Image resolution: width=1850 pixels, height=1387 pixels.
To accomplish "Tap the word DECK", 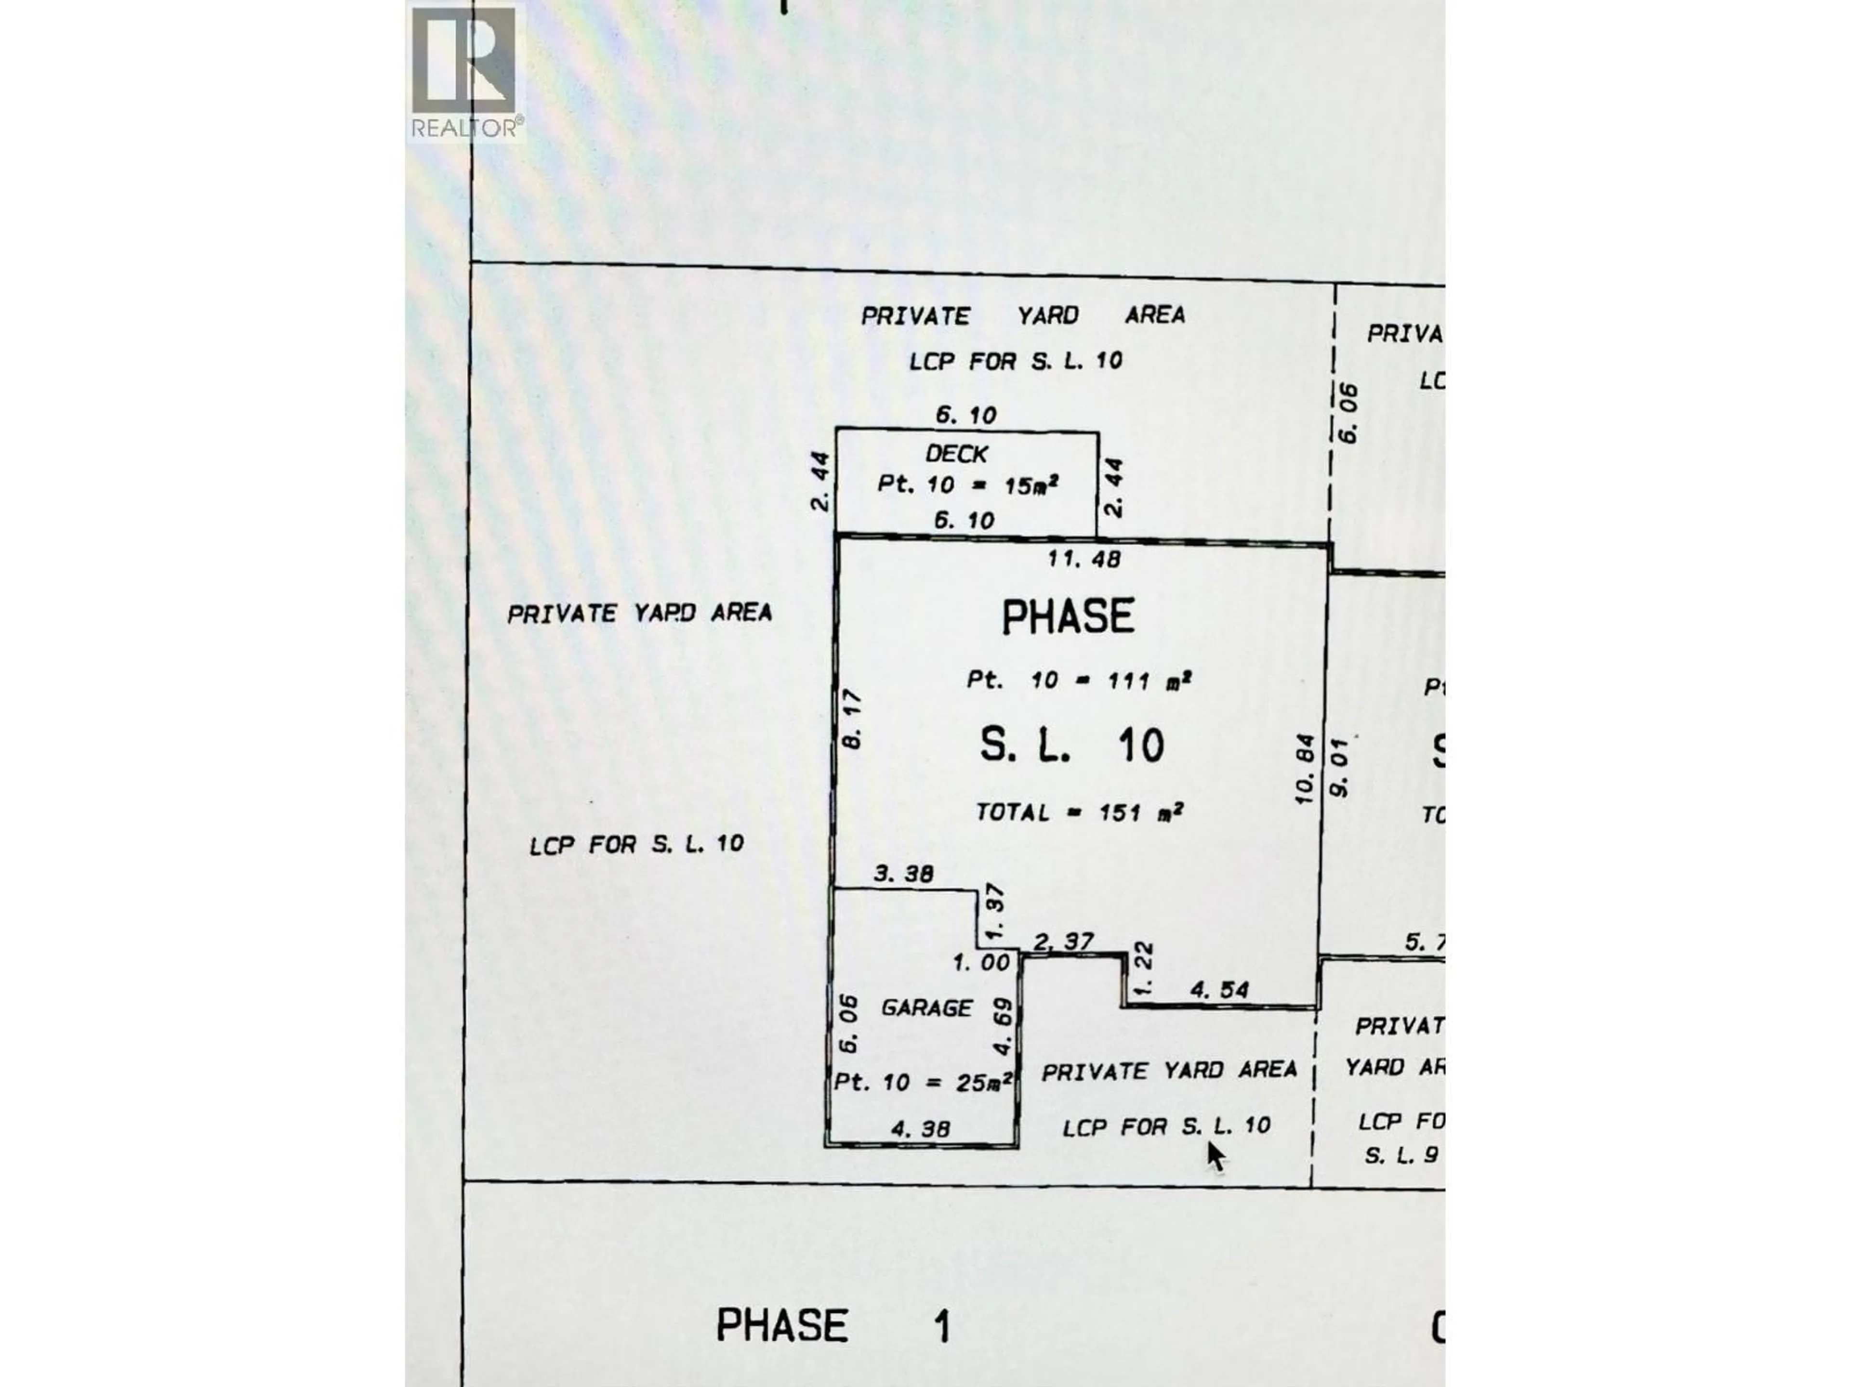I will point(957,454).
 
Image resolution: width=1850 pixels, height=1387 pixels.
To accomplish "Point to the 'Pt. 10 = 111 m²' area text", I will point(1079,680).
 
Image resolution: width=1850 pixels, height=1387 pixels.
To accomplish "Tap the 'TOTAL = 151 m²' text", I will point(1079,812).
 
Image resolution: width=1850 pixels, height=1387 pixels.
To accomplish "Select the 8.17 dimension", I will point(852,719).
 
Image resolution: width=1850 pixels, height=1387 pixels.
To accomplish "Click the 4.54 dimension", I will point(1219,990).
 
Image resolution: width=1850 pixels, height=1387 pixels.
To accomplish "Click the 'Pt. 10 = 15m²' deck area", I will point(968,484).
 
